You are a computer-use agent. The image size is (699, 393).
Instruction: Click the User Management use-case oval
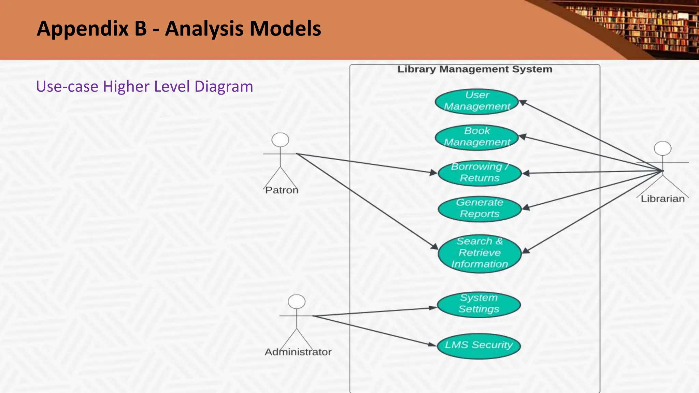(x=477, y=101)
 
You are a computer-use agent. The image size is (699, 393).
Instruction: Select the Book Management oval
(x=477, y=137)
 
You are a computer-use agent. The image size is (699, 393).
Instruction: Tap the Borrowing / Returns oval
(x=480, y=173)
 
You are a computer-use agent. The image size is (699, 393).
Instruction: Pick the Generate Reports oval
(x=480, y=208)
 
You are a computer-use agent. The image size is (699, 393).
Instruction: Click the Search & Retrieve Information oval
(x=480, y=253)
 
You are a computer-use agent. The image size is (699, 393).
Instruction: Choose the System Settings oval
(x=479, y=304)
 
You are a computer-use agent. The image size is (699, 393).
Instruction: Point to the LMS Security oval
(x=479, y=345)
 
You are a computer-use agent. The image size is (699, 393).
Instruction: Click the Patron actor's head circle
(x=280, y=140)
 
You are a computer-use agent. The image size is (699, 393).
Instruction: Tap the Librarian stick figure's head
(x=662, y=148)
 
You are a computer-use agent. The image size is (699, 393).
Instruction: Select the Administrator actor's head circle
(x=297, y=302)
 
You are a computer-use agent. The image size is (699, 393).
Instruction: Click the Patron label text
(x=282, y=190)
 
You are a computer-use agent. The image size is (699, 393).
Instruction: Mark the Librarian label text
(x=662, y=199)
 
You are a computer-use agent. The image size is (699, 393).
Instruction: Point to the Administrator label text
(x=298, y=352)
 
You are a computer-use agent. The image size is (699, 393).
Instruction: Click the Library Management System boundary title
(x=475, y=69)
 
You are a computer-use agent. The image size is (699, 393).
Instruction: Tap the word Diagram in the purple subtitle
(x=224, y=87)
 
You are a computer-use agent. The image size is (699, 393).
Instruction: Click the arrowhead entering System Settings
(x=433, y=307)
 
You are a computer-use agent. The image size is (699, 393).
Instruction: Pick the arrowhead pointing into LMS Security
(x=433, y=345)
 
